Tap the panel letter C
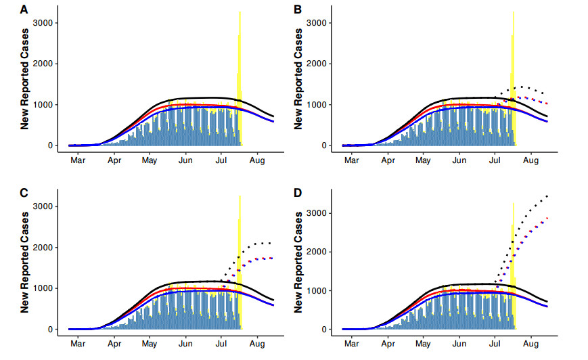[24, 193]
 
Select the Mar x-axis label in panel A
[78, 160]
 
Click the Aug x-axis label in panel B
[530, 160]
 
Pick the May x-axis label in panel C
[150, 344]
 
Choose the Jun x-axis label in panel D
[459, 344]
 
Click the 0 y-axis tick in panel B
[326, 145]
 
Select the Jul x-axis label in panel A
[221, 160]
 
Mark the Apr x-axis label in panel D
[388, 344]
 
